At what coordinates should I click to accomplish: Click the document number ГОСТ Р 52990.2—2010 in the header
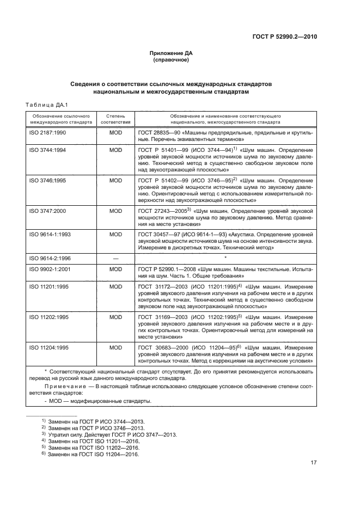click(x=285, y=38)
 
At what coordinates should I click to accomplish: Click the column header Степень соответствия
click(x=115, y=119)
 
